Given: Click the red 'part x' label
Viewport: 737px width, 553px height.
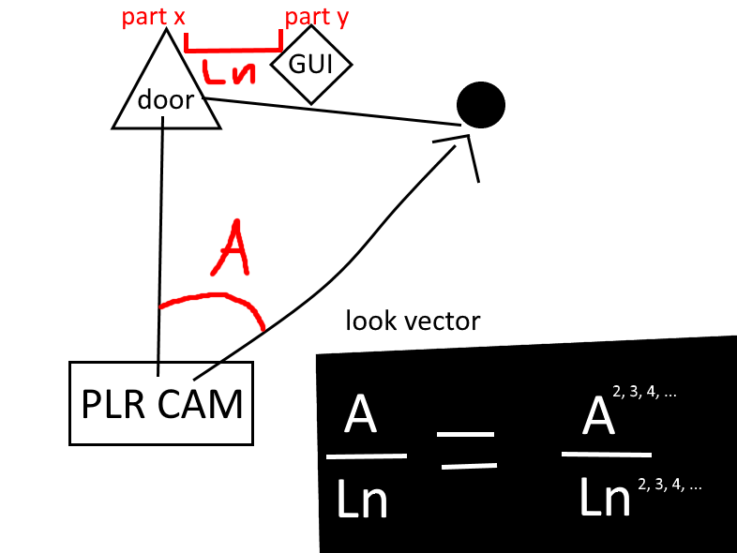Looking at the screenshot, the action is (153, 17).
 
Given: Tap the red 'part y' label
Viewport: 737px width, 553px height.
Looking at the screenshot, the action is (316, 18).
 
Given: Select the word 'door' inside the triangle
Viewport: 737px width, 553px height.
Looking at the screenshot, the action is (165, 100).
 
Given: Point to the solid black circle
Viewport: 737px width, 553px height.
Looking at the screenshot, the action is (481, 105).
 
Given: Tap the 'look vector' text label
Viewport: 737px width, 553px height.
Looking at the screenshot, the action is (413, 321).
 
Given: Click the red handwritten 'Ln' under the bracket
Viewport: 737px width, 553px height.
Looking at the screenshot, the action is (229, 73).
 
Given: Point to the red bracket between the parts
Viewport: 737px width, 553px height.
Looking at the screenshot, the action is (233, 49).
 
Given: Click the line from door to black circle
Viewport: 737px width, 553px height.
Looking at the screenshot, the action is (332, 112).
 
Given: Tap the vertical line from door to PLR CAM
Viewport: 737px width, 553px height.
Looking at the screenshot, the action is (160, 247).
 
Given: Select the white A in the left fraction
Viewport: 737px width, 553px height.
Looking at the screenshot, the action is (360, 413).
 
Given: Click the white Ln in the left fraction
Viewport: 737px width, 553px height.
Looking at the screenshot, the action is (362, 499).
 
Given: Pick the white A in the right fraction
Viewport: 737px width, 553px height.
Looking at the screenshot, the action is (598, 415).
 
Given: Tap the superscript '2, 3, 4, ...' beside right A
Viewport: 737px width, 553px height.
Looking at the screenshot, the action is (644, 392).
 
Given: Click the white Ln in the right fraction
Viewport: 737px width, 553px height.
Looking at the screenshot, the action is (605, 497).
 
